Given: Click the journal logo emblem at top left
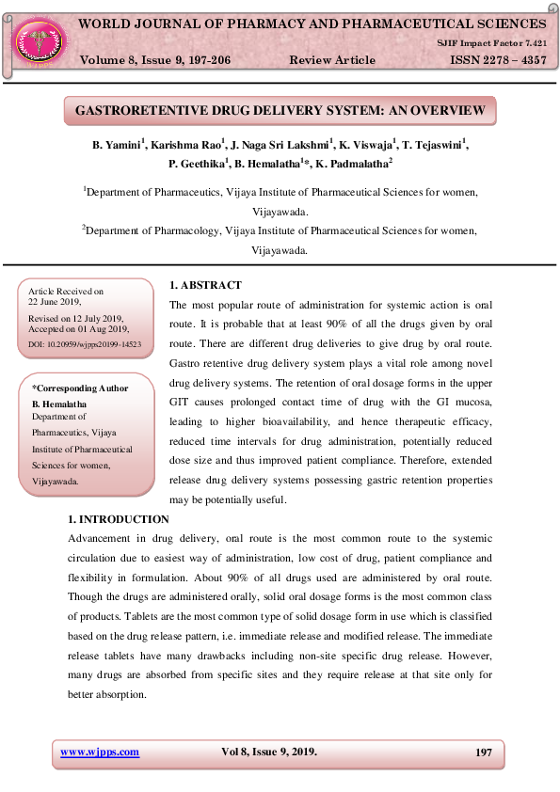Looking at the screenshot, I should point(38,39).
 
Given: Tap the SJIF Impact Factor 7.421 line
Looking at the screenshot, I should point(491,43).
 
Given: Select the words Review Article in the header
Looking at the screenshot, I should point(332,60).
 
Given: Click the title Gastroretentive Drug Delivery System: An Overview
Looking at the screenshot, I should point(280,111).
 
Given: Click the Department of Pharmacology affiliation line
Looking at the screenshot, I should point(280,230).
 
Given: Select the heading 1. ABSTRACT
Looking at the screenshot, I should point(205,285).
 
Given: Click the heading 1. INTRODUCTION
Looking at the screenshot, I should point(119,519).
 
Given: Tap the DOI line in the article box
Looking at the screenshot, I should point(85,345).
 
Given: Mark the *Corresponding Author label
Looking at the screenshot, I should point(81,388).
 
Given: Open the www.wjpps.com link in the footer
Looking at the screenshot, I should point(100,752).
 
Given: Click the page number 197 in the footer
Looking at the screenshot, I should point(484,752).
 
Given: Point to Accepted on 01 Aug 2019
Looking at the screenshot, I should point(79,329).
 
